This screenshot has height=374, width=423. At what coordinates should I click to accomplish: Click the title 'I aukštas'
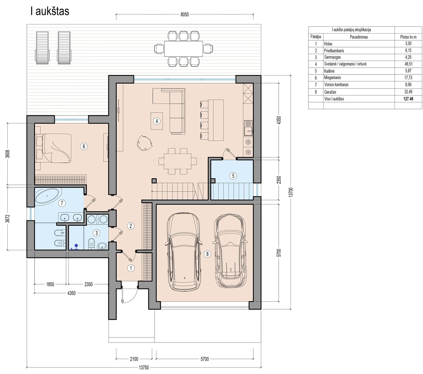point(50,11)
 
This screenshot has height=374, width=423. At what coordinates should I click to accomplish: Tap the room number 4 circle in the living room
point(157,121)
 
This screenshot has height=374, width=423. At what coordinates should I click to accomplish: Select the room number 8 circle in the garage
point(207,254)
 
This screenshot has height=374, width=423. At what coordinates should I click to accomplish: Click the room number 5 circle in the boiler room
point(233,176)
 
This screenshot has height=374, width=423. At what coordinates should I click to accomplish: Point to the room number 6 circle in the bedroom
point(84,147)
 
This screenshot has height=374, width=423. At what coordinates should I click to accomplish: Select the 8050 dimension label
point(184,14)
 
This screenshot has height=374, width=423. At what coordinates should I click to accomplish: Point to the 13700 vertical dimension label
point(292,192)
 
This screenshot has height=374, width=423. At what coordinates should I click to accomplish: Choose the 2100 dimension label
point(134,359)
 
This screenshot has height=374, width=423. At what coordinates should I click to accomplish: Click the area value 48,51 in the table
point(408,64)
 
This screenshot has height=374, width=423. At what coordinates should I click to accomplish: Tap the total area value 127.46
point(408,99)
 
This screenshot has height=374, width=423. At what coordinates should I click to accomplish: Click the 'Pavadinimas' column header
point(359,37)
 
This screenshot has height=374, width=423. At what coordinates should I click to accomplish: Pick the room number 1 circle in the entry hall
point(131,268)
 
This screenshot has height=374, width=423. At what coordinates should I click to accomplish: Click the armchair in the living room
point(145,143)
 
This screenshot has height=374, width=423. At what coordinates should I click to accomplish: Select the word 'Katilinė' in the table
point(329,71)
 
